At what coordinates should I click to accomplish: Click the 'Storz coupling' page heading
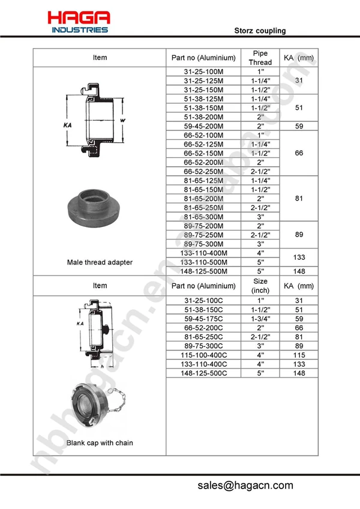point(260,31)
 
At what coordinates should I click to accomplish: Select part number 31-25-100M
point(203,71)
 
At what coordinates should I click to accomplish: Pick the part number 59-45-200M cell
point(203,126)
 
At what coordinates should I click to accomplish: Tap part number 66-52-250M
point(203,172)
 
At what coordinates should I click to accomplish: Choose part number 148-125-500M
point(203,271)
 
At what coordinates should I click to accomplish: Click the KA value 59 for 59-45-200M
point(298,126)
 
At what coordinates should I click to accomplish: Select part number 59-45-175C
point(203,319)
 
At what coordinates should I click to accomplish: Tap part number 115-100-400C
point(203,355)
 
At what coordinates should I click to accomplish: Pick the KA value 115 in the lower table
point(298,355)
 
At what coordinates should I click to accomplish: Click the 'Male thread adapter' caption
point(100,262)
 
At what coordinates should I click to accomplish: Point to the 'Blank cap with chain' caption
point(100,443)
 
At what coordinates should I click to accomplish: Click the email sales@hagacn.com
point(245,486)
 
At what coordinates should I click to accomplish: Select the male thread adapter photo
point(100,208)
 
